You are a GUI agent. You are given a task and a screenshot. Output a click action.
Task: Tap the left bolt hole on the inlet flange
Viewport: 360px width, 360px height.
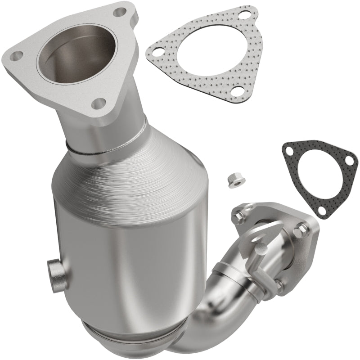[x=18, y=56]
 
